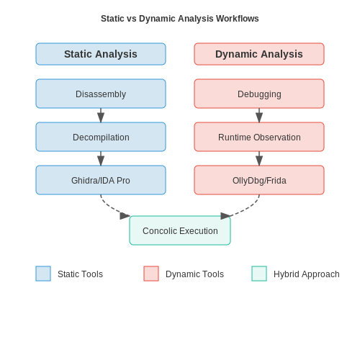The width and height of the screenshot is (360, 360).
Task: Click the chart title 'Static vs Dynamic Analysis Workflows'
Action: pyautogui.click(x=180, y=19)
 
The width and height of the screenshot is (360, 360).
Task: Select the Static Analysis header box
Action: pyautogui.click(x=101, y=54)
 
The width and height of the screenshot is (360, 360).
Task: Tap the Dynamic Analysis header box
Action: pyautogui.click(x=259, y=54)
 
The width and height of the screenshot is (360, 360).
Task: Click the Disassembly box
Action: pyautogui.click(x=101, y=94)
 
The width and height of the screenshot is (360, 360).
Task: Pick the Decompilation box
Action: pyautogui.click(x=101, y=137)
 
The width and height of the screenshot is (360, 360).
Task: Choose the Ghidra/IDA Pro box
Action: pyautogui.click(x=101, y=180)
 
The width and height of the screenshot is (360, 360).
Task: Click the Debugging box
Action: pyautogui.click(x=259, y=94)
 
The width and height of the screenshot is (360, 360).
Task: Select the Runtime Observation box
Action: pyautogui.click(x=259, y=137)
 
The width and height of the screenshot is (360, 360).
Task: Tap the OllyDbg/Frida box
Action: pyautogui.click(x=259, y=180)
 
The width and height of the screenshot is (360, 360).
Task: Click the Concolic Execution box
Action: pyautogui.click(x=180, y=230)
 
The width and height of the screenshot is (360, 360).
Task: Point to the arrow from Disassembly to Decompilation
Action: pyautogui.click(x=101, y=115)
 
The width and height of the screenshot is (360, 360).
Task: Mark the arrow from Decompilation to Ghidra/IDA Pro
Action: pyautogui.click(x=101, y=158)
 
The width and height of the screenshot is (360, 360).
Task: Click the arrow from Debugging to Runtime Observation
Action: pyautogui.click(x=259, y=115)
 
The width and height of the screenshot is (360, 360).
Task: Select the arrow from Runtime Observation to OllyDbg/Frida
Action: pyautogui.click(x=259, y=158)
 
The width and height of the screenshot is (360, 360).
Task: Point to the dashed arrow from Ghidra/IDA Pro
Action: pyautogui.click(x=109, y=207)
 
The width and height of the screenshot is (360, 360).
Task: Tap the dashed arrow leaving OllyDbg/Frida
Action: pyautogui.click(x=251, y=207)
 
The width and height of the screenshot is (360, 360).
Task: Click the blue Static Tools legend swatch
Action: pyautogui.click(x=43, y=274)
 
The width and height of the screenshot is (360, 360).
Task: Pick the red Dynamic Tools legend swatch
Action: pyautogui.click(x=151, y=274)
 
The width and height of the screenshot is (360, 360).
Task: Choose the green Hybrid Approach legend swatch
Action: pyautogui.click(x=259, y=274)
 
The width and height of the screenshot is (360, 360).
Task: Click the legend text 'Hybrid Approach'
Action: pyautogui.click(x=307, y=274)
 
